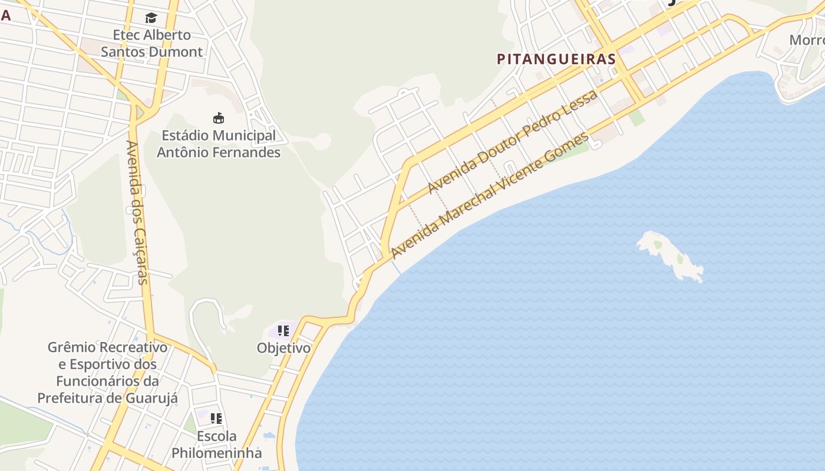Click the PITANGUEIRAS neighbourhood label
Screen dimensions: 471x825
556,59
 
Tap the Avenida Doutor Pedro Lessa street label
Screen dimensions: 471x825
512,141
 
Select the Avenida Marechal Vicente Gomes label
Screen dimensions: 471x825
490,195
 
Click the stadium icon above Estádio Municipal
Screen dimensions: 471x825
219,118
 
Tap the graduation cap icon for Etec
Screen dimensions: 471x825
151,18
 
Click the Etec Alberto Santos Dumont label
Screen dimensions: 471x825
151,44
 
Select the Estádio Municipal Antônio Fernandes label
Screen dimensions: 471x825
219,144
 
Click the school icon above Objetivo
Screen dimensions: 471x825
283,331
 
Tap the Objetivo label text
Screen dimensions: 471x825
283,348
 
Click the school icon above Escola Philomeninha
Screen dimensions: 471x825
216,419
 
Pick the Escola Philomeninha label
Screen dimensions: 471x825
216,445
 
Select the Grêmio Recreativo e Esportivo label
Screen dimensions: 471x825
107,373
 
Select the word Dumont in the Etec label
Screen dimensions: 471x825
175,52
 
